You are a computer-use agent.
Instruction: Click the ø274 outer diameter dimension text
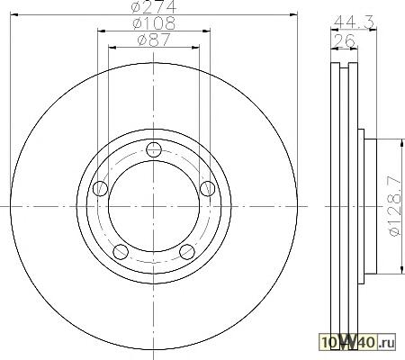click(x=154, y=6)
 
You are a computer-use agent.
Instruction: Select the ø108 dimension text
click(x=154, y=23)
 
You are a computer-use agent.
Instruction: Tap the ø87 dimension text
click(x=154, y=40)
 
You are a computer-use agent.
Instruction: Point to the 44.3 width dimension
click(x=354, y=22)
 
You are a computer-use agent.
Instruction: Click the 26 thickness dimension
click(x=345, y=40)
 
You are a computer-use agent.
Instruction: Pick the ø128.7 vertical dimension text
click(x=394, y=206)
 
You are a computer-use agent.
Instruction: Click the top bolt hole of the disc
click(x=154, y=149)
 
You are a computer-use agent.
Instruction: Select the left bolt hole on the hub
click(x=100, y=189)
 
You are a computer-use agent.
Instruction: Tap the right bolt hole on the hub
click(x=207, y=189)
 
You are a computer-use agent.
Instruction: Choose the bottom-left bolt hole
click(x=121, y=252)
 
